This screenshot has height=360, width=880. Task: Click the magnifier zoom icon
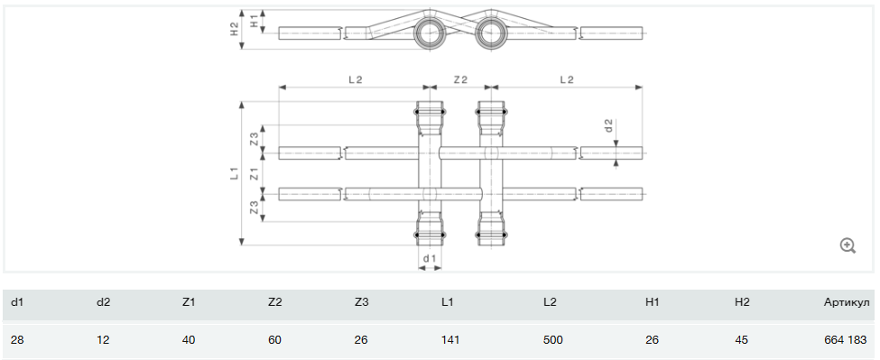[848, 245]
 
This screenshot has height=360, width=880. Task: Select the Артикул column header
[845, 303]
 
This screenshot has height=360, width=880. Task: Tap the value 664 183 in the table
[845, 340]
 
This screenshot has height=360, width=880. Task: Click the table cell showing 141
[450, 340]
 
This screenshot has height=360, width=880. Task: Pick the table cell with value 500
[552, 340]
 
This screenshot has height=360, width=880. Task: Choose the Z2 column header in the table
[275, 303]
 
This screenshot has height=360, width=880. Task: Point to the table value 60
[275, 340]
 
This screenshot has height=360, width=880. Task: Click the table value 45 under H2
[741, 340]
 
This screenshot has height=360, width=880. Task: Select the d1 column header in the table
[17, 303]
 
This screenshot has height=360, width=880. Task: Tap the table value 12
[103, 340]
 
